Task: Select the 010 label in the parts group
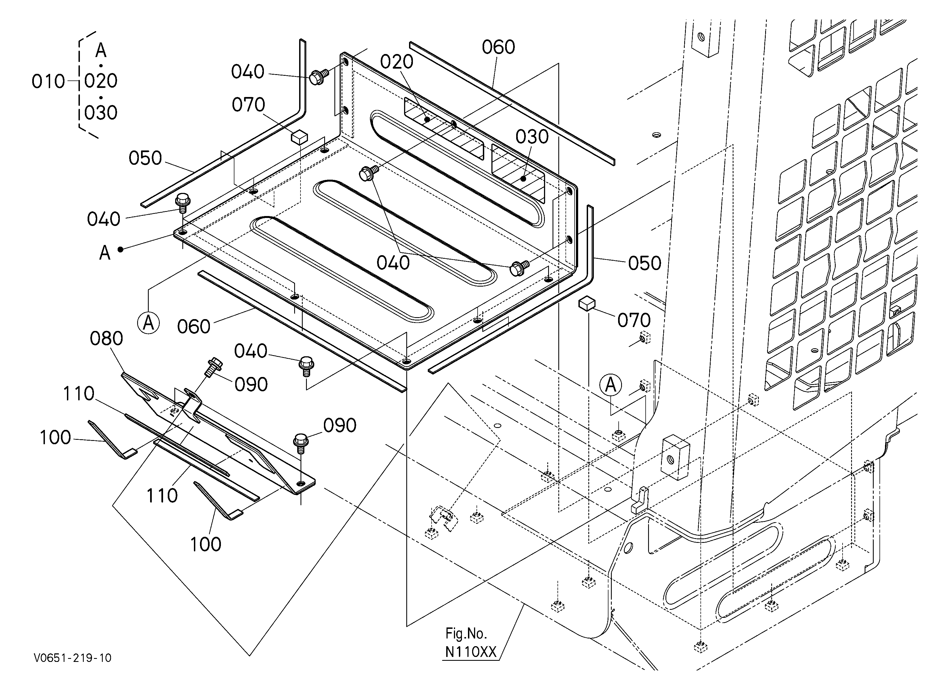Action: (48, 82)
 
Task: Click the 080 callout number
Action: (106, 338)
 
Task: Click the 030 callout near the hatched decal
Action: (532, 137)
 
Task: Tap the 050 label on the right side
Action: (645, 263)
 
